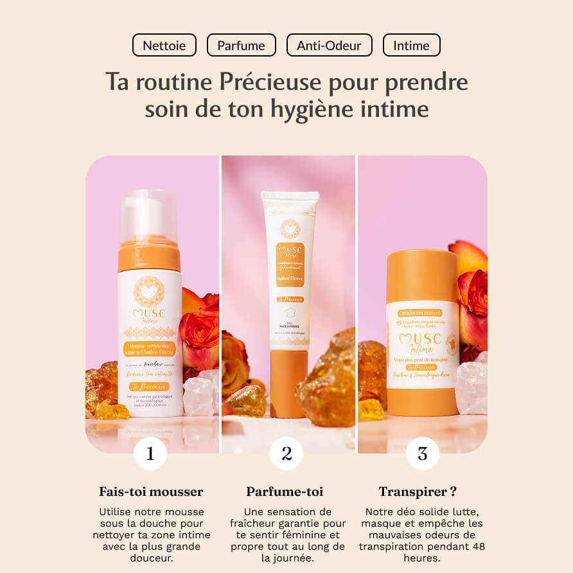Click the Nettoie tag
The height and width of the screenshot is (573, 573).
tap(164, 46)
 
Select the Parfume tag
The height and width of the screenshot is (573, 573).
tap(241, 46)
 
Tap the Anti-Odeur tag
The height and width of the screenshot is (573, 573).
tap(329, 46)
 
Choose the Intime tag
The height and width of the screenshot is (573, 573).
tap(411, 46)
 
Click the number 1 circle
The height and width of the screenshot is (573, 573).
tap(150, 454)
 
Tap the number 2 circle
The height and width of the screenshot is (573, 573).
tap(286, 454)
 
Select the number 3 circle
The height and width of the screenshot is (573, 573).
tap(422, 454)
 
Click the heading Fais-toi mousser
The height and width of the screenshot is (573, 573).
tap(151, 492)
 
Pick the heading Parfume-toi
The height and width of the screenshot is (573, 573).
tap(285, 492)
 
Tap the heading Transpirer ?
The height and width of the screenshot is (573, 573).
tap(418, 492)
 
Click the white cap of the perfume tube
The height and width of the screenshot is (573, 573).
tap(290, 202)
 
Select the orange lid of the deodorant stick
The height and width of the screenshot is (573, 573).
tap(422, 276)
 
